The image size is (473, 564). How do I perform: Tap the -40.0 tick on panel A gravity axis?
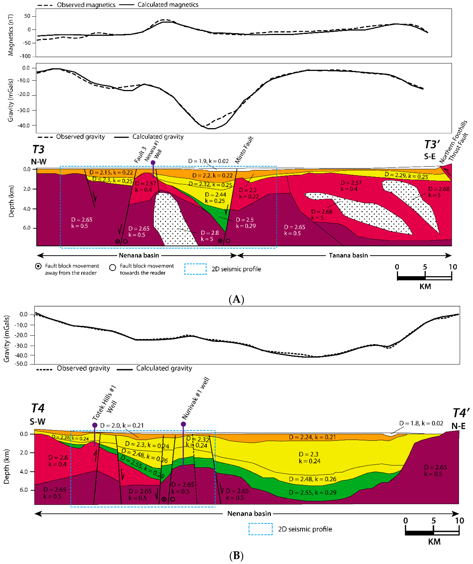(24, 125)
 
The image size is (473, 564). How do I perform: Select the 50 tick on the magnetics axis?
(27, 16)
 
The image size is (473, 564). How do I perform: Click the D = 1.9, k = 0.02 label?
(208, 161)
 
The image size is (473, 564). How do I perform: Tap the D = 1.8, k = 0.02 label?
(421, 423)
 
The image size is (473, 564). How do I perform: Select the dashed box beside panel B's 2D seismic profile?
(260, 529)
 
